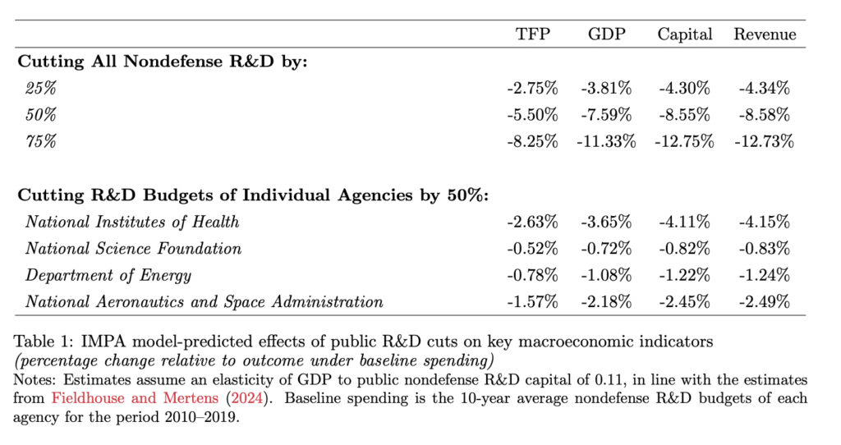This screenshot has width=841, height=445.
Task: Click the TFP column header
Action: point(532,34)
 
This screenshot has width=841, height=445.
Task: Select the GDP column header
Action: point(607,34)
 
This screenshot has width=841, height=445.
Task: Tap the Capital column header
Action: point(685,34)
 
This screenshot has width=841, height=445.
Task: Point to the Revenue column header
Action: point(765,34)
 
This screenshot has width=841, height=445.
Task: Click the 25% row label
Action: point(41,88)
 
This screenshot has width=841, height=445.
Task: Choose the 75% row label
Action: point(41,141)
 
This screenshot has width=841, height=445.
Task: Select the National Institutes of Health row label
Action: point(132,222)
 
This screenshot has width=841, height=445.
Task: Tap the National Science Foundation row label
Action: point(133,249)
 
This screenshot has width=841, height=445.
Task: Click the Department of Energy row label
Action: point(108,276)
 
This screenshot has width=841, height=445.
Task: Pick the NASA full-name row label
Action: point(204,302)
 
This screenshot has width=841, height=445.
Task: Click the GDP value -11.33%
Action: point(607,141)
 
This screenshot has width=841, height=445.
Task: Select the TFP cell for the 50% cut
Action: point(532,115)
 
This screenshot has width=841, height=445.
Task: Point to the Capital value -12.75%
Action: point(684,141)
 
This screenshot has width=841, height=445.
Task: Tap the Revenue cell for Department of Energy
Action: point(765,276)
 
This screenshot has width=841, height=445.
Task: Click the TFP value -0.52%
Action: point(532,249)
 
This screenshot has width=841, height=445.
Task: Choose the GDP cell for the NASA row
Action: point(607,302)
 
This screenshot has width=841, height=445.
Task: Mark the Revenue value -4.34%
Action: point(765,88)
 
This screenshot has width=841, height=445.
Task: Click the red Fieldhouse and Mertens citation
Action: point(136,398)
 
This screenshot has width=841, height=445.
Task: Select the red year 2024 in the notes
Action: point(248,398)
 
